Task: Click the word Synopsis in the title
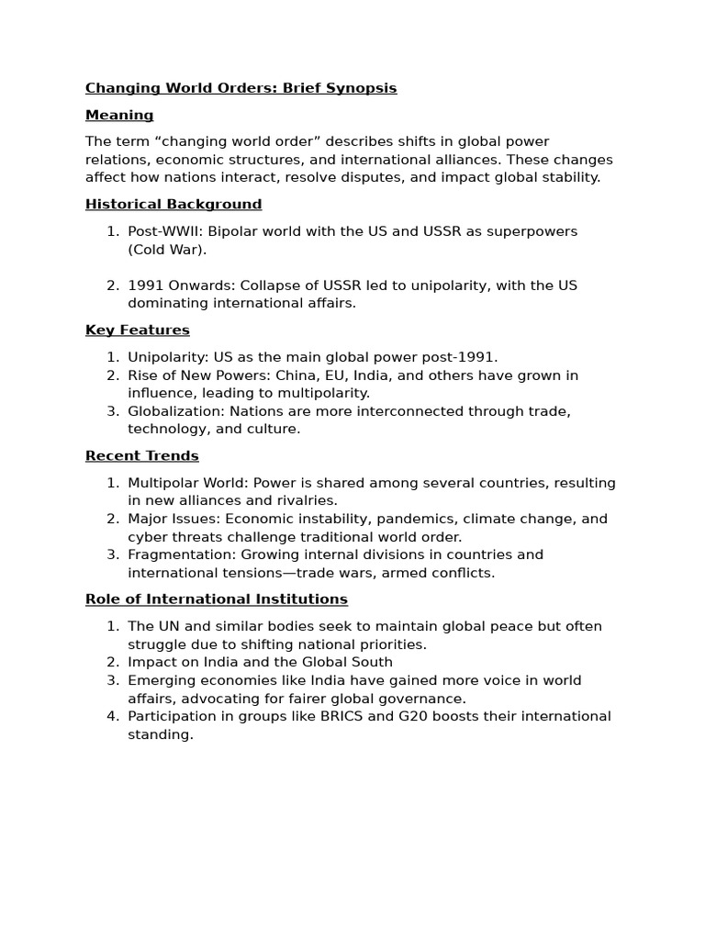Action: coord(364,88)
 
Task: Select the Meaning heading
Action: coord(119,115)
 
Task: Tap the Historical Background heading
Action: coord(173,204)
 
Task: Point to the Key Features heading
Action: coord(138,330)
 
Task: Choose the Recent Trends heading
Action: coord(142,455)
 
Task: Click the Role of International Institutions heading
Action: coord(217,599)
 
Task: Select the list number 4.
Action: coord(112,716)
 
